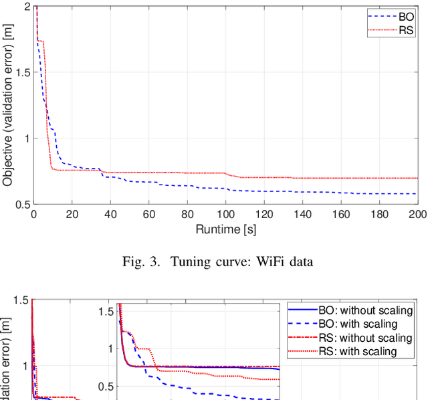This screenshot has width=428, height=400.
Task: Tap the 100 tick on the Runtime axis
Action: [226, 215]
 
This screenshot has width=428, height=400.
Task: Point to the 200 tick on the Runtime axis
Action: [417, 215]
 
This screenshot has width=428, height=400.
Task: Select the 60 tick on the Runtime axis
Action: [149, 215]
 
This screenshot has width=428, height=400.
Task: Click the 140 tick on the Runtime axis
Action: [303, 215]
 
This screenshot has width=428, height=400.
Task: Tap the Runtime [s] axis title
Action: [226, 229]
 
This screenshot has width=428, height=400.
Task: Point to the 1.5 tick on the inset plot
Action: [106, 312]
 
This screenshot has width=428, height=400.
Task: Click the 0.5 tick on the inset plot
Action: [106, 386]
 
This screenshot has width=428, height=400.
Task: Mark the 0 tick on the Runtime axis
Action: [33, 215]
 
